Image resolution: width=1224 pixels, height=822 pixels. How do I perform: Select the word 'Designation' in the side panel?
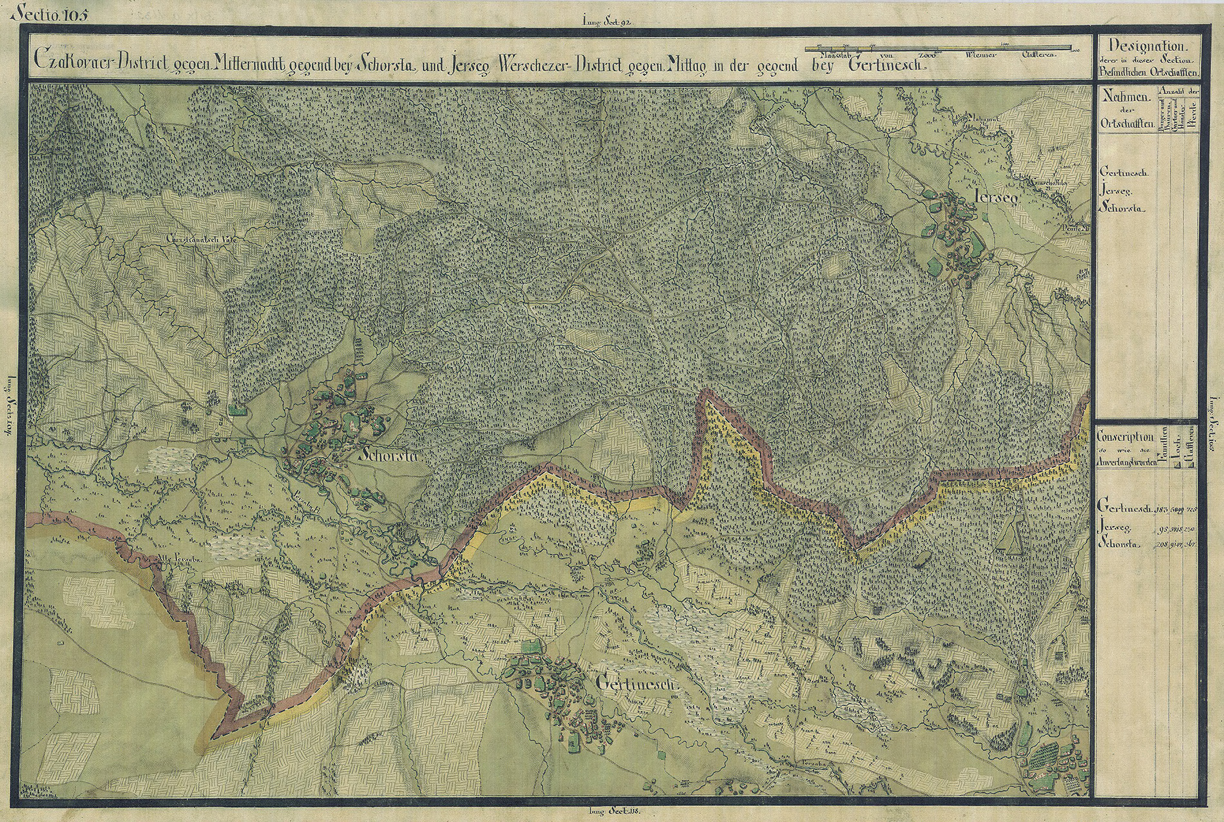(1146, 47)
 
